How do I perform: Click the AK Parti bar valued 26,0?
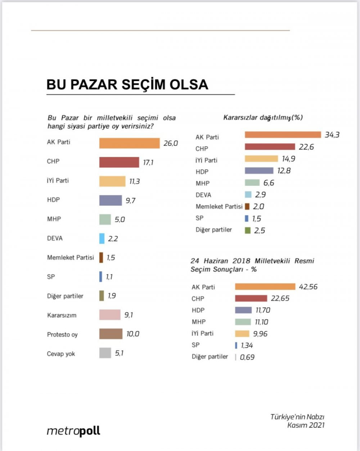(x=129, y=143)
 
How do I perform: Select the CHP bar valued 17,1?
(x=119, y=162)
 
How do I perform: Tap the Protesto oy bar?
(x=111, y=334)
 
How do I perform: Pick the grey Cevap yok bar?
(x=105, y=353)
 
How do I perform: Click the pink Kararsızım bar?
(x=110, y=315)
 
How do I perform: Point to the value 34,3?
(x=332, y=135)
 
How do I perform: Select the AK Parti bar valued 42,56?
(x=265, y=287)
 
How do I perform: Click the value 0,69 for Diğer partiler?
(x=247, y=357)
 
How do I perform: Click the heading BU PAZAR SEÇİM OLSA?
(x=127, y=84)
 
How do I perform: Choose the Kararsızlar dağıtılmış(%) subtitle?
(x=263, y=117)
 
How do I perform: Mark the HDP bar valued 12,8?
(x=259, y=171)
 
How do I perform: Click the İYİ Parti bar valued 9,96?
(x=242, y=334)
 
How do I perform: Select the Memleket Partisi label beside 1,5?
(x=70, y=257)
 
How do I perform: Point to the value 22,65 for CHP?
(x=280, y=298)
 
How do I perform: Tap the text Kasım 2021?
(x=306, y=425)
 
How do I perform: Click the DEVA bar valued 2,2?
(x=102, y=238)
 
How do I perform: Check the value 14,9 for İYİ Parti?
(x=289, y=159)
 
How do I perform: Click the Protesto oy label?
(x=62, y=334)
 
